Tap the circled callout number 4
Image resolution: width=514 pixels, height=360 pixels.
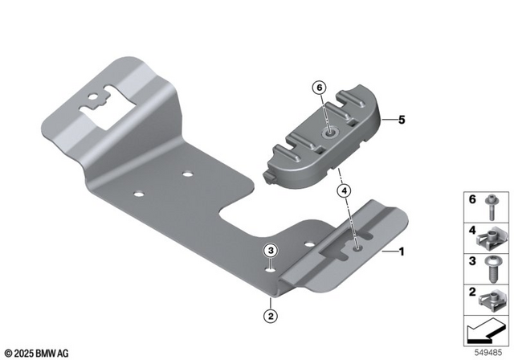coord(344,191)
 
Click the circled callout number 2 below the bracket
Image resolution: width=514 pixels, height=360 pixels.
coord(271,316)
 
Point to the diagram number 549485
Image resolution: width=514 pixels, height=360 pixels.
coord(491,352)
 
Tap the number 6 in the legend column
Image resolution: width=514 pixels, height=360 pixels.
coord(472,199)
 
